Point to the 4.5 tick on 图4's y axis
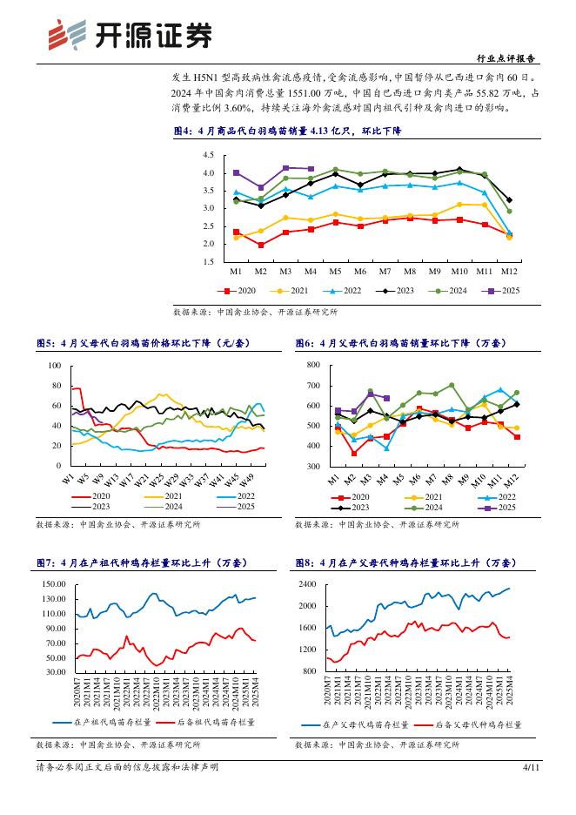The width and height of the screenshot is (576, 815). click(209, 155)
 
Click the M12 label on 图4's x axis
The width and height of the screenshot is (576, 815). click(509, 272)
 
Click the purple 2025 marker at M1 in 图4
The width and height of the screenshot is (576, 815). click(237, 172)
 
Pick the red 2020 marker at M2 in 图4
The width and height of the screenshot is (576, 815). click(261, 245)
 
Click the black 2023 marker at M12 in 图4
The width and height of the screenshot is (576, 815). click(509, 200)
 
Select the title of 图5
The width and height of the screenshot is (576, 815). click(143, 344)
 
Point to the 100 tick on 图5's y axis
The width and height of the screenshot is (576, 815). click(55, 366)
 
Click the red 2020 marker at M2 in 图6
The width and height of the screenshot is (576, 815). click(354, 453)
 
